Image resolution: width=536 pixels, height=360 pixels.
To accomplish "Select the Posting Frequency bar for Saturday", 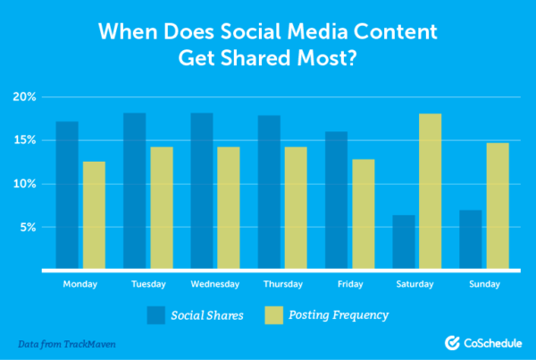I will click(430, 191).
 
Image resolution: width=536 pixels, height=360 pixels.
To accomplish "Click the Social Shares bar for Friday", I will click(338, 200).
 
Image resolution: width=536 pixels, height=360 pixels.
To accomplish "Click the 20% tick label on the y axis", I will click(24, 96).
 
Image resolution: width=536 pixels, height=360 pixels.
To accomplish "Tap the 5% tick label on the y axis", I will click(27, 228).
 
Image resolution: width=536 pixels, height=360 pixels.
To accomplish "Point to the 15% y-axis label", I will click(24, 140).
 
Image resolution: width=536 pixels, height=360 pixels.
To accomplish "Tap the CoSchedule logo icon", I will click(454, 342).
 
